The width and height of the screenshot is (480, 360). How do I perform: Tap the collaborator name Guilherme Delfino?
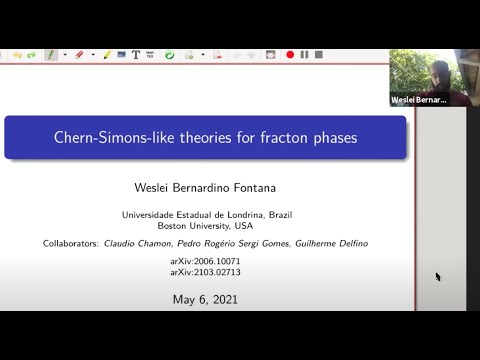click(x=326, y=243)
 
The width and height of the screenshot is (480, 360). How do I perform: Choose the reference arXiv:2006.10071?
click(x=205, y=261)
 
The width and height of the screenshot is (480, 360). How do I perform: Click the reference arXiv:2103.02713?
click(x=205, y=272)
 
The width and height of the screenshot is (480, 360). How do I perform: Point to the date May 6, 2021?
click(x=205, y=298)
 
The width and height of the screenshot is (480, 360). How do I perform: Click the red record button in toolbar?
click(x=290, y=55)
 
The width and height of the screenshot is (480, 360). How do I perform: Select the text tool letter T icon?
click(x=136, y=55)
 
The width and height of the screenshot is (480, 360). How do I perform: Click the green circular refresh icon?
click(x=169, y=55)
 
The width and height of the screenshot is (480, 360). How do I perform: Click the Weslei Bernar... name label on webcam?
click(x=417, y=100)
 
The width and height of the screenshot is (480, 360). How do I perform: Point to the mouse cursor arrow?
click(x=438, y=276)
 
